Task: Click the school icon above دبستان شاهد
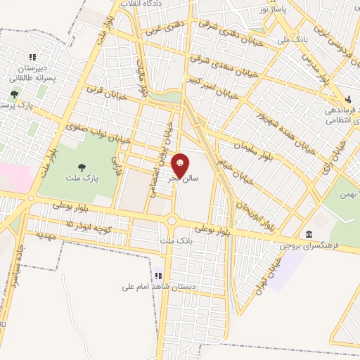pyautogui.click(x=158, y=276)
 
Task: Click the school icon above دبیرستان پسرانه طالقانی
pyautogui.click(x=32, y=58)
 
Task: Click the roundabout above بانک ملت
pyautogui.click(x=172, y=222)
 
